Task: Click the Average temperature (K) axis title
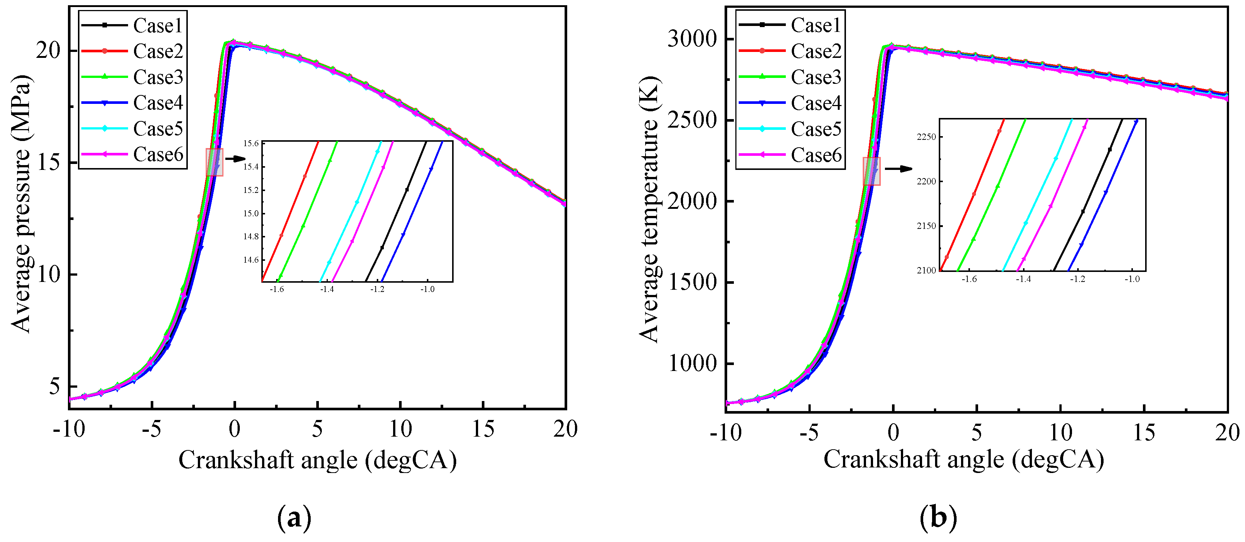pos(648,209)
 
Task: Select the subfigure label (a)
pos(294,518)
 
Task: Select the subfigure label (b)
pos(938,518)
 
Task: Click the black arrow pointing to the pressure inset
pos(236,158)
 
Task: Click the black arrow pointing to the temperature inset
pos(898,168)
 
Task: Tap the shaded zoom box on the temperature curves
pos(872,171)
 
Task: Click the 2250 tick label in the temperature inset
pos(926,137)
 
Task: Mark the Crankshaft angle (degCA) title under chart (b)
pos(964,459)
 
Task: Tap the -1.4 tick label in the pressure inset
pos(327,289)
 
